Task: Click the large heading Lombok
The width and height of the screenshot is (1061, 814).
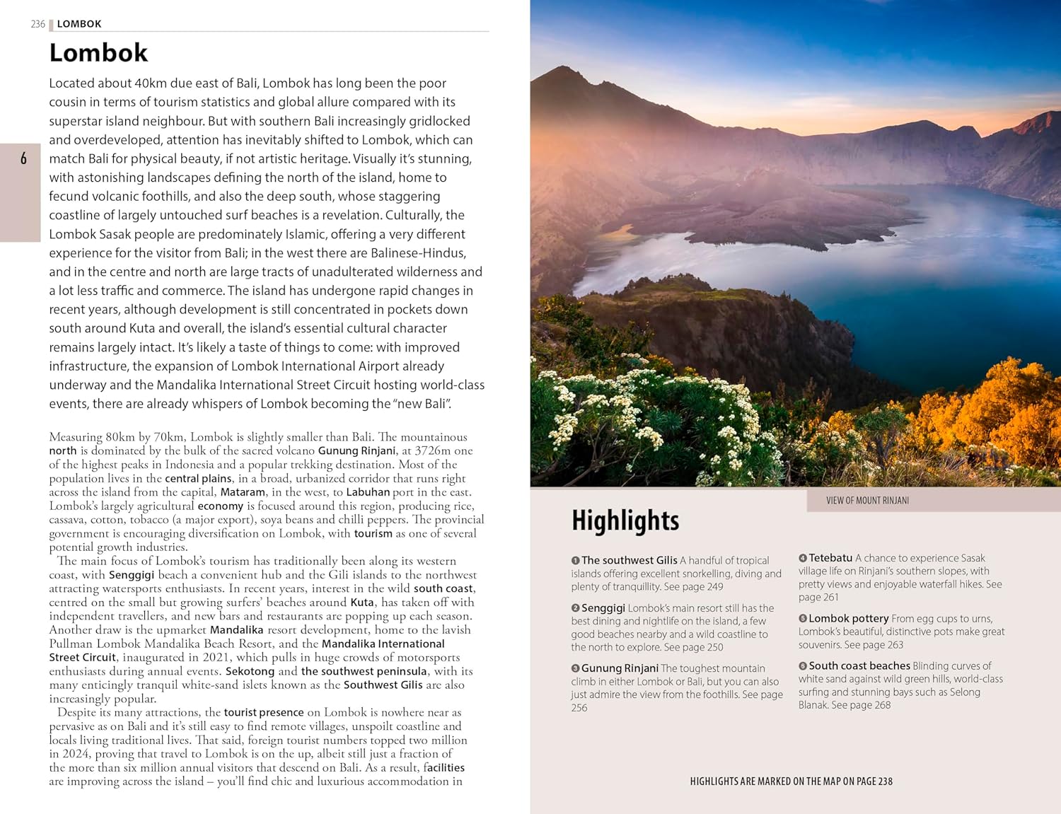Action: tap(98, 53)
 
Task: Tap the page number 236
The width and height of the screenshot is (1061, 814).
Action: tap(37, 24)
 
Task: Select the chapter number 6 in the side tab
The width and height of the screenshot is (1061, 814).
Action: tap(23, 158)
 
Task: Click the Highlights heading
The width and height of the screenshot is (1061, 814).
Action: tap(625, 521)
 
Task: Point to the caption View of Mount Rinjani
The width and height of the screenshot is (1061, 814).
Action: tap(867, 500)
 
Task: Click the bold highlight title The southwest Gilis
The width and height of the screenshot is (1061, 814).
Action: tap(629, 560)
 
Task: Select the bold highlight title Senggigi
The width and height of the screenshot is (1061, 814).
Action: tap(603, 608)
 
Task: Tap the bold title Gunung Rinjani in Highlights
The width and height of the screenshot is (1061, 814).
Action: tap(620, 668)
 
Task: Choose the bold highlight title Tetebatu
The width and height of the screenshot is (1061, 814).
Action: tap(830, 558)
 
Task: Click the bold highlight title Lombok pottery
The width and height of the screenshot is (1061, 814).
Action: tap(848, 618)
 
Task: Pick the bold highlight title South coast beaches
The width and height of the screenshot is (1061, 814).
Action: tap(859, 665)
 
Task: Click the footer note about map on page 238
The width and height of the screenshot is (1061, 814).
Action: tap(791, 781)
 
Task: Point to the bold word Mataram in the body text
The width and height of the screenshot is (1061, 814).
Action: tap(243, 492)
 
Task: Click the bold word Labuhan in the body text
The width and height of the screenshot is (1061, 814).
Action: tap(368, 492)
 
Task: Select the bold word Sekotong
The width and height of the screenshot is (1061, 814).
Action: tap(250, 671)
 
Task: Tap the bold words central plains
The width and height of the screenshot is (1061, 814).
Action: tap(198, 479)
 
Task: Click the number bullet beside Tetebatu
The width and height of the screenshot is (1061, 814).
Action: tap(803, 559)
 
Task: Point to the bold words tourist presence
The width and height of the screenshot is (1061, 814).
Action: tap(264, 713)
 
